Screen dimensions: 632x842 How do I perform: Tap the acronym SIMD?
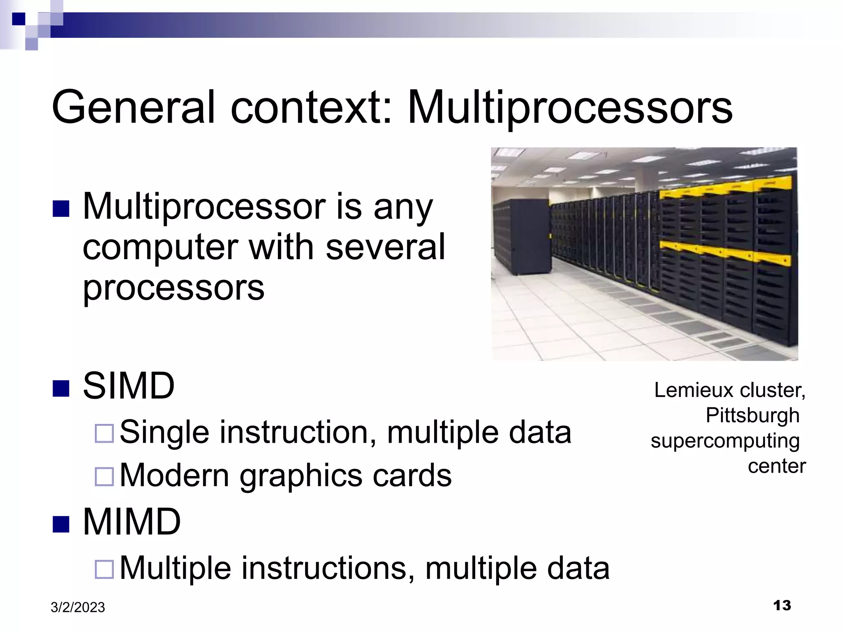[129, 386]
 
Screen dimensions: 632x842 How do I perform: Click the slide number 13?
[782, 606]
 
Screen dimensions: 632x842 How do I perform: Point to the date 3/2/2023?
[78, 607]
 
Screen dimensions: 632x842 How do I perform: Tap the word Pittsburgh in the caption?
[752, 415]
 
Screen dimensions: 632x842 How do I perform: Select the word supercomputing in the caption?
[725, 441]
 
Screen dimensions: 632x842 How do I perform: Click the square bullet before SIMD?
[61, 388]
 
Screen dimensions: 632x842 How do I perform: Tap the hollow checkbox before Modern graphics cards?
[104, 476]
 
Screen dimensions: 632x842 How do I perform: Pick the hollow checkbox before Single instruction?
[104, 433]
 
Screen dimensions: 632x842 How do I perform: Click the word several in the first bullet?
[385, 247]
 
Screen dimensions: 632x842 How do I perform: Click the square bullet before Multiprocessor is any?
[61, 209]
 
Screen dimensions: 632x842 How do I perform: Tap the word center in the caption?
[777, 466]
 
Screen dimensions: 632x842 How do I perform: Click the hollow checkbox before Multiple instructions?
[104, 569]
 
